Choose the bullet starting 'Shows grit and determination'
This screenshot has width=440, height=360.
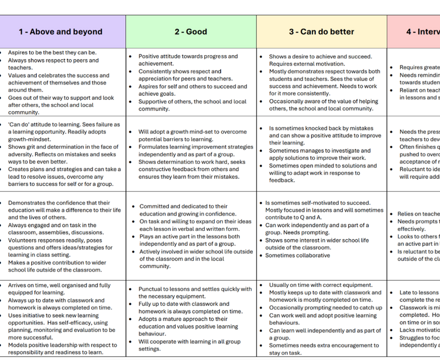pos(63,147)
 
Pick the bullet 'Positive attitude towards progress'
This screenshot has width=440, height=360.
pos(190,57)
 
